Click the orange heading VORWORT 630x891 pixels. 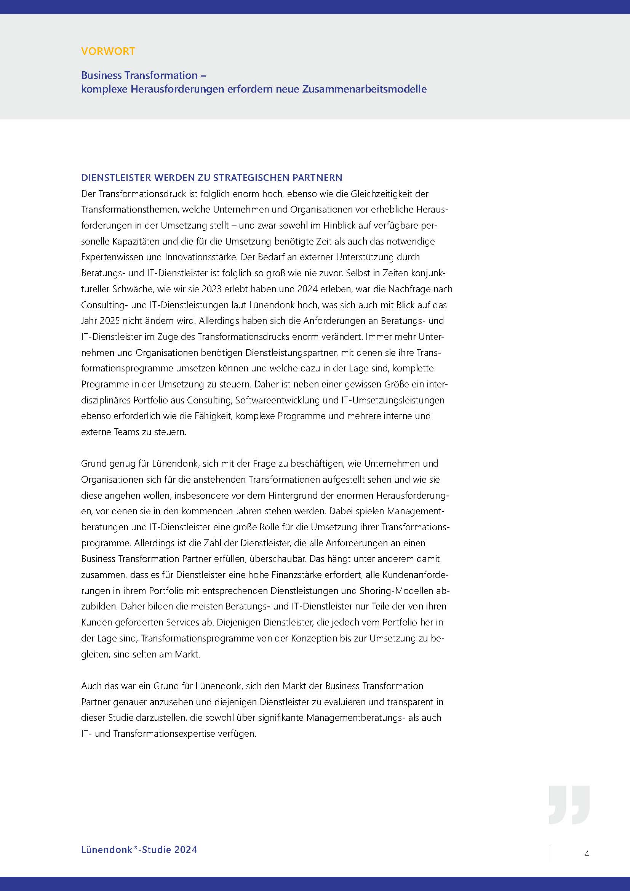pos(108,51)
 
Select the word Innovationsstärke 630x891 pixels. pos(202,257)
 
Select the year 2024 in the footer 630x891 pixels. pos(186,849)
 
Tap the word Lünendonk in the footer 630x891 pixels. pos(106,849)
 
